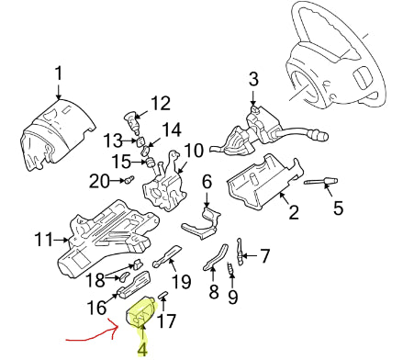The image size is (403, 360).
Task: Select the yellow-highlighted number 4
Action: tap(142, 349)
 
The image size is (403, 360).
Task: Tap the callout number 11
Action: tap(44, 239)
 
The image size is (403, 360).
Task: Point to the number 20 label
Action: tap(99, 181)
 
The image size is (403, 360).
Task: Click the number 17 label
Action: tap(166, 321)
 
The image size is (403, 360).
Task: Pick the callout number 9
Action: tap(232, 297)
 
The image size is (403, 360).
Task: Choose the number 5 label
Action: tap(338, 208)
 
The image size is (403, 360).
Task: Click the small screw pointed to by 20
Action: tap(129, 179)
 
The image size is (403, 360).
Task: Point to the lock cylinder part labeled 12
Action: tap(131, 122)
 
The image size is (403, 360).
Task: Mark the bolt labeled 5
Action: tap(321, 182)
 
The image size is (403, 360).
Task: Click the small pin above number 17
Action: tap(162, 295)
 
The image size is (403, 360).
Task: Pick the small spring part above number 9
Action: tap(230, 268)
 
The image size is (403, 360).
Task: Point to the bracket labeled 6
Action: tap(202, 223)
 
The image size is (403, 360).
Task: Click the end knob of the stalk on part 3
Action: tap(319, 135)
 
